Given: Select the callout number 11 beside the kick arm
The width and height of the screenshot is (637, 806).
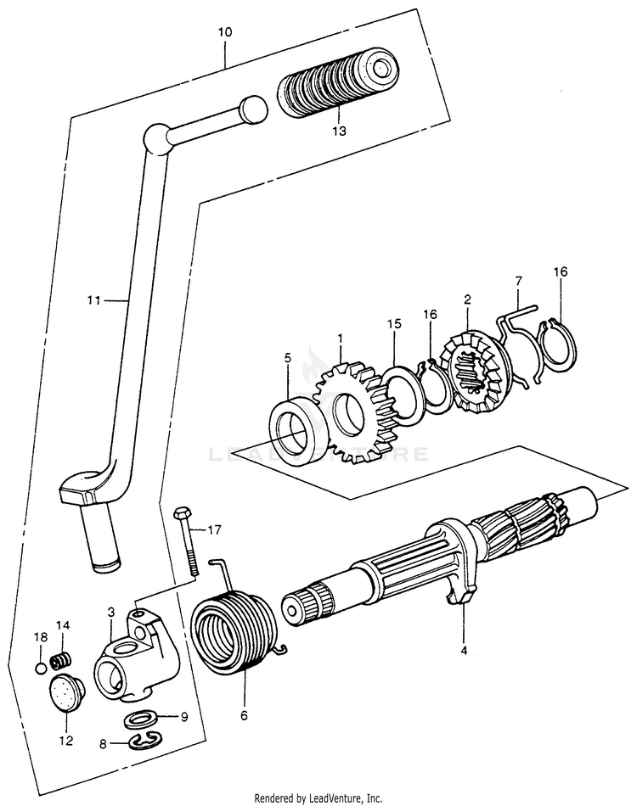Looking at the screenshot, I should [93, 299].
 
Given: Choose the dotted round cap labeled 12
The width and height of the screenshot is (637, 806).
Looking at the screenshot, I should [64, 695].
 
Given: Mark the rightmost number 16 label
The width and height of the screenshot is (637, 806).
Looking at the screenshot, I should [560, 272].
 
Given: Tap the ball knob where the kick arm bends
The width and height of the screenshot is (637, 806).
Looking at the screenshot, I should [157, 137].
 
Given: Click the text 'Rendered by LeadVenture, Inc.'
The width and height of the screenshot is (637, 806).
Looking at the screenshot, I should [318, 798].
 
